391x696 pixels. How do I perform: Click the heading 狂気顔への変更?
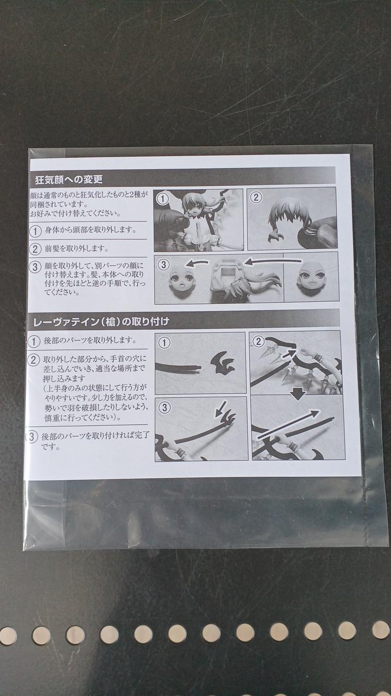[x=68, y=179]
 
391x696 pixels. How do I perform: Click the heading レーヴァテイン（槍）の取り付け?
[x=101, y=321]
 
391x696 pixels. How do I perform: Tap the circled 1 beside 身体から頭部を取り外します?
[x=36, y=231]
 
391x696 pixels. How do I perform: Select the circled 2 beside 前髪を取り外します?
[x=35, y=248]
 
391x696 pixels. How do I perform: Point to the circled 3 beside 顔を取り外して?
[x=35, y=267]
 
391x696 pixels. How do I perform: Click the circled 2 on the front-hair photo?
[x=256, y=197]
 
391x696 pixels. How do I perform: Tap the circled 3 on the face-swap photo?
[x=163, y=264]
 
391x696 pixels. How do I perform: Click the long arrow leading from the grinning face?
[x=273, y=262]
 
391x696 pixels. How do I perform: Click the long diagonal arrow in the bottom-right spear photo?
[x=288, y=425]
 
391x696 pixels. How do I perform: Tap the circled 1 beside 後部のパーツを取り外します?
[x=34, y=341]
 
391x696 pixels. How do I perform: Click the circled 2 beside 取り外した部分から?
[x=33, y=360]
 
